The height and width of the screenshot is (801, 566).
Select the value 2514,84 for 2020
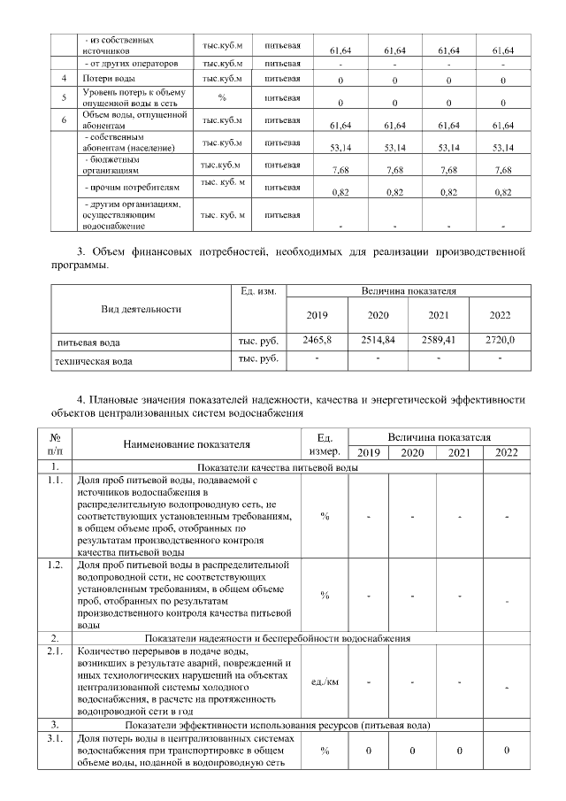coord(378,339)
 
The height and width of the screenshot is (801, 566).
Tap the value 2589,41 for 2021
coord(439,339)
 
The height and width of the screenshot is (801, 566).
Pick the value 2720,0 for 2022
coord(500,339)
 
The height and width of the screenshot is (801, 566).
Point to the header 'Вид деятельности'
coord(141,309)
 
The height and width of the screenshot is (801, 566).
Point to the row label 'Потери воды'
coord(109,80)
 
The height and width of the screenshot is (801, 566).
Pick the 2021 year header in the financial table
coord(439,315)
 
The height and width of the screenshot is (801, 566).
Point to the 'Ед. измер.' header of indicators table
coord(325,443)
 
